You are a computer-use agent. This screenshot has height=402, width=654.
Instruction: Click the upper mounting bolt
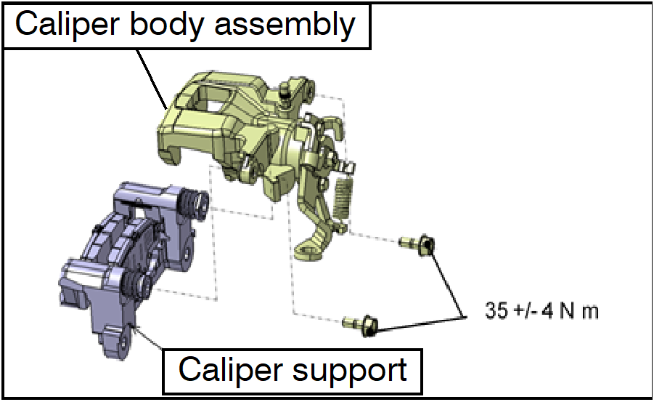click(x=419, y=244)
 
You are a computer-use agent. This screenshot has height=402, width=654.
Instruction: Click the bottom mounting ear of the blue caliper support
click(x=115, y=339)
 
